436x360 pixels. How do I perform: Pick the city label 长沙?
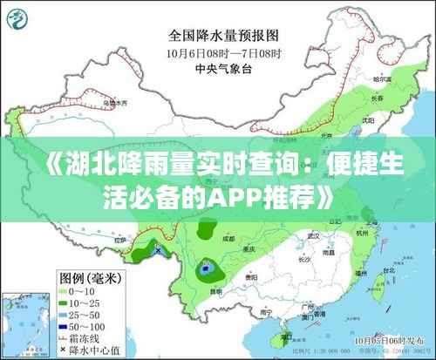[304, 259]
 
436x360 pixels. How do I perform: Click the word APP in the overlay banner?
[236, 199]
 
